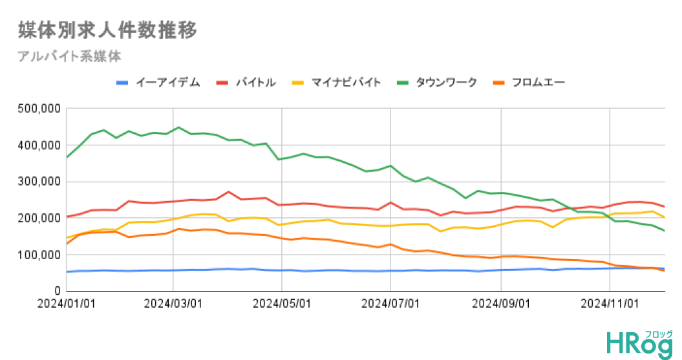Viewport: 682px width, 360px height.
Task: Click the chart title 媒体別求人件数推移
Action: pyautogui.click(x=107, y=30)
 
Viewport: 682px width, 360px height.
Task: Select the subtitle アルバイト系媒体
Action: pyautogui.click(x=70, y=56)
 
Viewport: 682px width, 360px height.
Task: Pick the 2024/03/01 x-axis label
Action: pyautogui.click(x=173, y=303)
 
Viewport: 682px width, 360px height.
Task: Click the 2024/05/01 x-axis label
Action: pyautogui.click(x=282, y=303)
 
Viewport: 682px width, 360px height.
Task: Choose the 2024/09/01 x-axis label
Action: pyautogui.click(x=501, y=303)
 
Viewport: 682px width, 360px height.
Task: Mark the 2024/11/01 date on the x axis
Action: pyautogui.click(x=610, y=303)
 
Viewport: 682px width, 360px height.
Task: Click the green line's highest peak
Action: pyautogui.click(x=178, y=127)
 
